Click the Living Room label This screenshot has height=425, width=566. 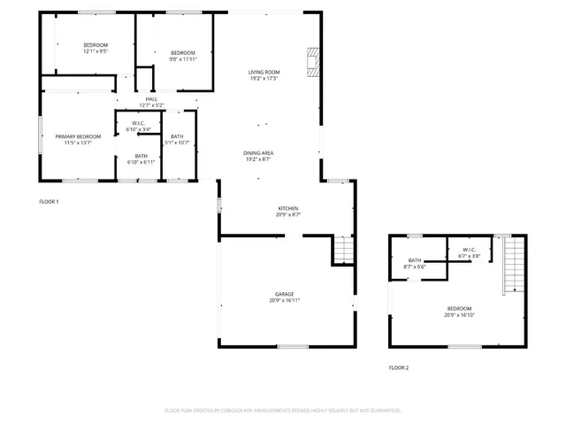[264, 75]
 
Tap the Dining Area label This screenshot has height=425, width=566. [264, 157]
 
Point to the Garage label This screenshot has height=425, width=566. [284, 297]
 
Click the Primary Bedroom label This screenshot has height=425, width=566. [78, 139]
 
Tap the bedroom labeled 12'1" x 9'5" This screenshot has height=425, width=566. [96, 48]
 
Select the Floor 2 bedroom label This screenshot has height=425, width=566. [459, 311]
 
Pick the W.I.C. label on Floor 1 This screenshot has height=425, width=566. [139, 127]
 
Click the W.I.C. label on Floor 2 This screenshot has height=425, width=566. [469, 252]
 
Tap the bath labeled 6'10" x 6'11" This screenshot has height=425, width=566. [141, 159]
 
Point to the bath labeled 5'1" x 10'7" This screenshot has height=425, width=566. [178, 139]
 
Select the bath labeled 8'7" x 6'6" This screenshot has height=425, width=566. [415, 263]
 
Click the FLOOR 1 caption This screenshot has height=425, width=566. [49, 202]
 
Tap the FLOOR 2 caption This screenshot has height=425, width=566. [399, 367]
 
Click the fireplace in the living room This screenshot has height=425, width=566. [311, 61]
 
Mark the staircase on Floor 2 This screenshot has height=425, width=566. [510, 266]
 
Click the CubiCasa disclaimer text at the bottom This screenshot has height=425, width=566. [283, 411]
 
